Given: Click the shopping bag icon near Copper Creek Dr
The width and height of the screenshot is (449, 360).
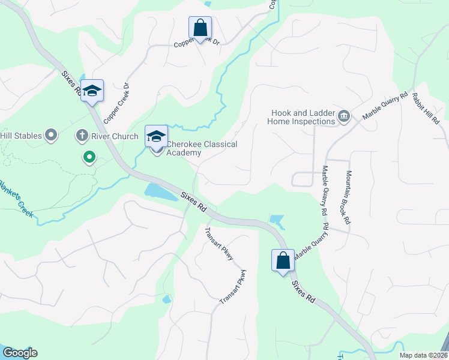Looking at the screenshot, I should tap(200, 28).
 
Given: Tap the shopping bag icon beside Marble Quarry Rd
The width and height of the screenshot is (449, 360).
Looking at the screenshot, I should tap(283, 260).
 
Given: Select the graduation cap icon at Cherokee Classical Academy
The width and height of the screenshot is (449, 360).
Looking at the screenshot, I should tap(156, 136).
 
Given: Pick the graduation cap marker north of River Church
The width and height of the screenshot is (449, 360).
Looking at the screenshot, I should tap(92, 91).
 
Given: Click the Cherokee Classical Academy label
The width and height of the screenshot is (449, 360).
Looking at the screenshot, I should tap(202, 149).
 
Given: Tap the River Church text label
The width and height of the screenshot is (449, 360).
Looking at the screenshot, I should tap(116, 136).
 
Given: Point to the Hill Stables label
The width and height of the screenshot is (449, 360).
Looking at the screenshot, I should tap(21, 136).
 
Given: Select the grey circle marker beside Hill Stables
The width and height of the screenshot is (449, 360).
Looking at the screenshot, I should tap(51, 135).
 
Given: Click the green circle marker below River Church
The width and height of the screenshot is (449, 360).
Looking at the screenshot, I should tap(89, 158).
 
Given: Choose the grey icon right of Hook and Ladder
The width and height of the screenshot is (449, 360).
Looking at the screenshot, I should tap(344, 116).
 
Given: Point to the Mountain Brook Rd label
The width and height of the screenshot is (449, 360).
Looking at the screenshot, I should tap(348, 197).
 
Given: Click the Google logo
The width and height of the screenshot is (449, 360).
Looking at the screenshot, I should tap(19, 353).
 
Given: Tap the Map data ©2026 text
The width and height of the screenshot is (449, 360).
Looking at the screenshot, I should tap(423, 355).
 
